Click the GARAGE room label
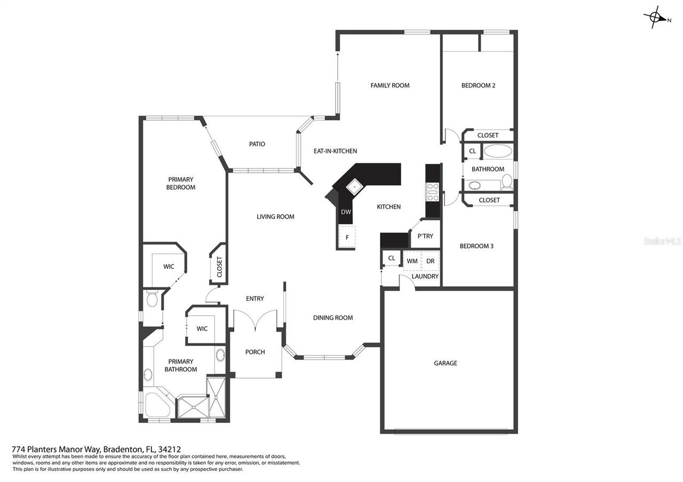click(445, 363)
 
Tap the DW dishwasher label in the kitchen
click(346, 212)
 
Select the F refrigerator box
click(347, 237)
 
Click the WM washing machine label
click(412, 261)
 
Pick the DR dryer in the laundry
click(430, 261)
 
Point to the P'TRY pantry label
click(425, 236)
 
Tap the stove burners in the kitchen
click(432, 192)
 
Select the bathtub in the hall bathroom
click(498, 151)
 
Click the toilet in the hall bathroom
click(507, 182)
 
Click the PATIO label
click(257, 144)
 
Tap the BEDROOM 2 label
click(478, 85)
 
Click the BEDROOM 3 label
click(476, 246)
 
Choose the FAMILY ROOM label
click(390, 85)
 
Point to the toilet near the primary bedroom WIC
click(152, 300)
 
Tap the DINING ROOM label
click(333, 318)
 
